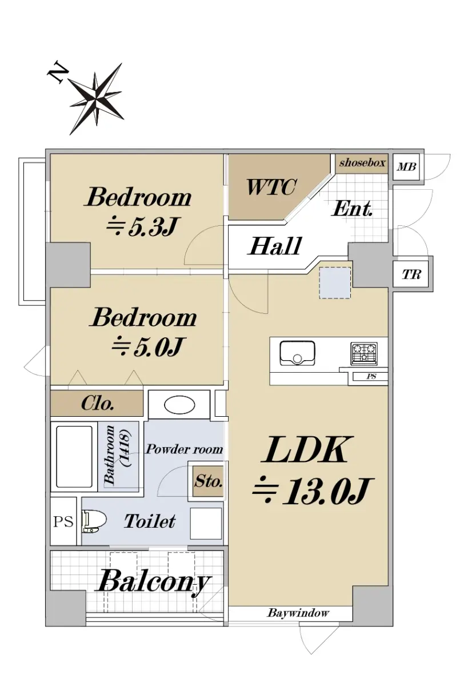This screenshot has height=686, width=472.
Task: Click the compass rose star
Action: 95,98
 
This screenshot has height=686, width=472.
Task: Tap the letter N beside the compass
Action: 58,74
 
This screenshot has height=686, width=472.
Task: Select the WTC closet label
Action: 271,187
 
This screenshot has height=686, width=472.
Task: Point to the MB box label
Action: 406,167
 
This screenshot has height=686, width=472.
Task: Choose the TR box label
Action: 411,274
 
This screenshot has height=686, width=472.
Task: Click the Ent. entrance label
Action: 353,209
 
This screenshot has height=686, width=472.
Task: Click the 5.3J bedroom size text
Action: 142,227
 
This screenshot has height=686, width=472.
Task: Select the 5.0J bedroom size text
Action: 147,346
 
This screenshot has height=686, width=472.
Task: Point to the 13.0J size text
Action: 311,492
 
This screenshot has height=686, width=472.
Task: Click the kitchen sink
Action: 297,353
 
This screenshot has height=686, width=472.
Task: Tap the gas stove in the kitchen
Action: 364,353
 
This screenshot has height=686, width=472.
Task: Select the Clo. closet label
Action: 98,404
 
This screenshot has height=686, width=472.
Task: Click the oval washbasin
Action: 179,405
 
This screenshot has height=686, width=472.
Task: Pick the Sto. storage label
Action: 208,482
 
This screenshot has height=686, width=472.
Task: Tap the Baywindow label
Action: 298,613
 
